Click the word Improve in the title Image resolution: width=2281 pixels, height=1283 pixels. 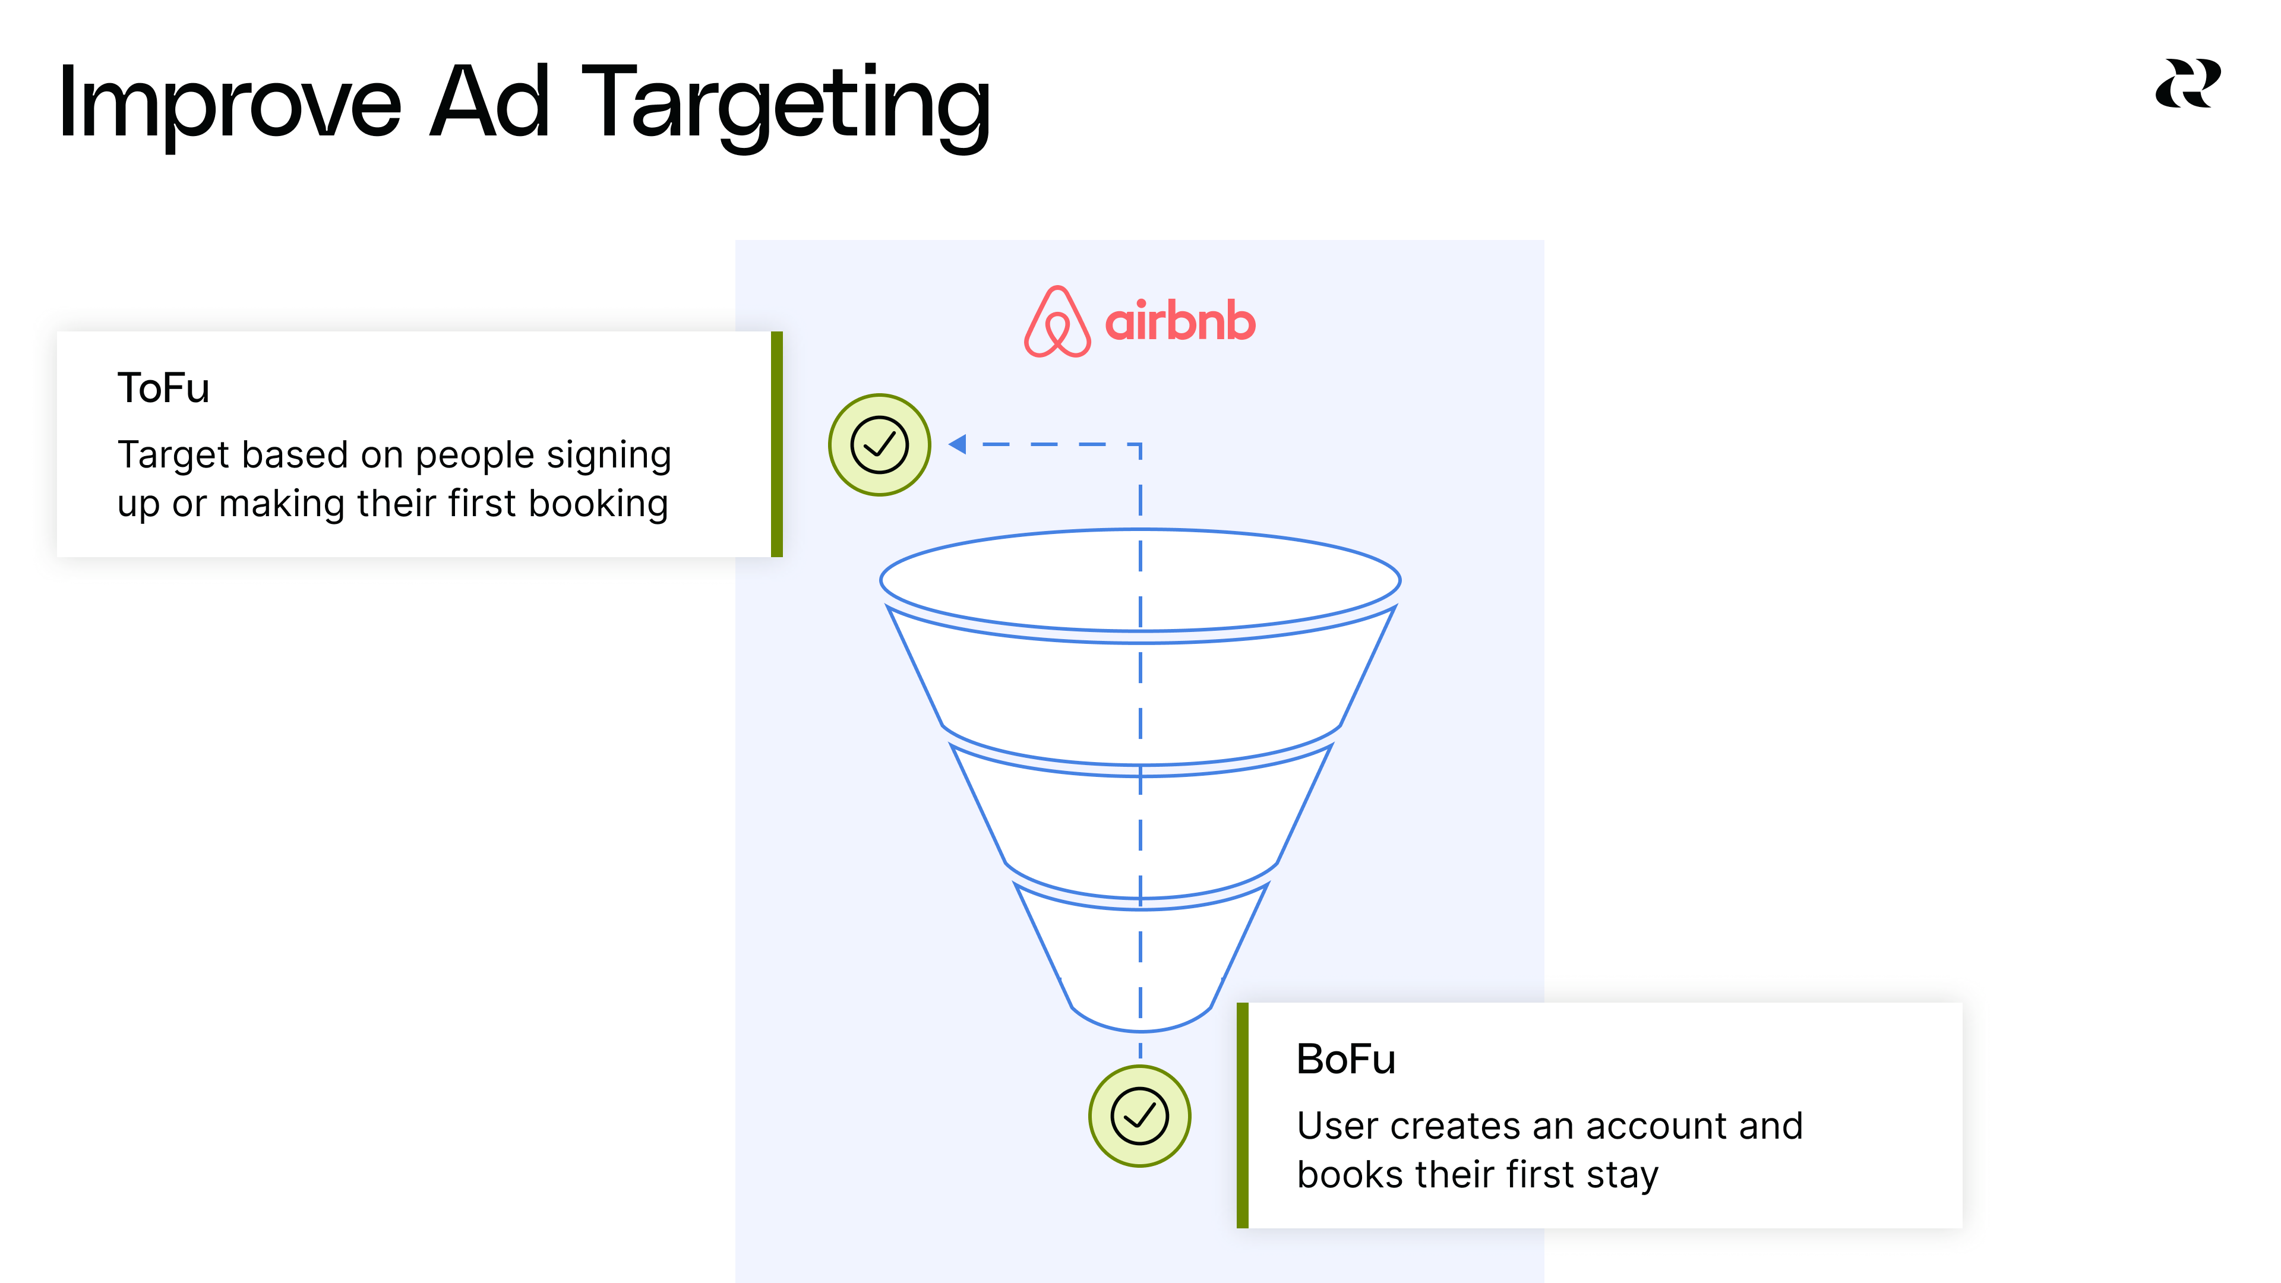click(x=229, y=105)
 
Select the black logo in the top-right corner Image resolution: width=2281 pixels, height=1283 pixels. click(x=2187, y=84)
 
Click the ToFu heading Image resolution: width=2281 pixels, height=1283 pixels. click(x=163, y=388)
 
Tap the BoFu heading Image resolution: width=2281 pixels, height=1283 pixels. click(x=1345, y=1060)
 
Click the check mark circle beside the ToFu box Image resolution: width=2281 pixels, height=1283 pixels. click(x=879, y=444)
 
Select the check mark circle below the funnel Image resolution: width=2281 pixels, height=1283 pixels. click(x=1140, y=1115)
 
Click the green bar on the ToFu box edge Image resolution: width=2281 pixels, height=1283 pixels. click(x=776, y=444)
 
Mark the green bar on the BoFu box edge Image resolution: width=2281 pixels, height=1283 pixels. click(x=1242, y=1115)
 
